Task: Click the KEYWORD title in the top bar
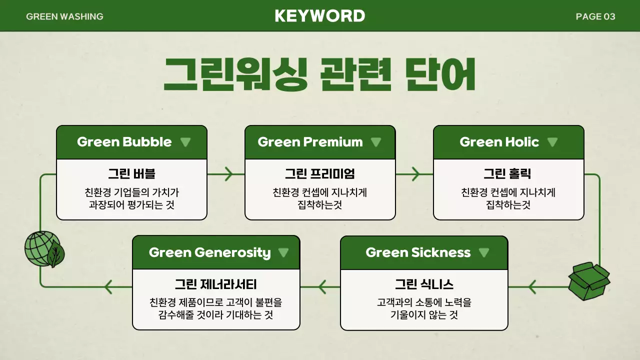[x=320, y=16]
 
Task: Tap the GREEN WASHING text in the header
[x=64, y=16]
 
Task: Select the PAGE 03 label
[x=595, y=16]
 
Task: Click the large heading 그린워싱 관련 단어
[x=319, y=75]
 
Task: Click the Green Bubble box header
[x=124, y=142]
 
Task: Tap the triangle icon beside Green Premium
[x=376, y=142]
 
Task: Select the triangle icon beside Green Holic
[x=552, y=142]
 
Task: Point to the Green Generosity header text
[x=209, y=252]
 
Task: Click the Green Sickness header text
[x=418, y=252]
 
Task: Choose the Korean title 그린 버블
[x=131, y=174]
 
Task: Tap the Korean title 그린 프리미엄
[x=320, y=174]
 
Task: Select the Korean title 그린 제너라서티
[x=215, y=284]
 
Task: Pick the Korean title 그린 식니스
[x=424, y=284]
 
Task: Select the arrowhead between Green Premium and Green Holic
[x=415, y=174]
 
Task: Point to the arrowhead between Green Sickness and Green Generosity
[x=321, y=286]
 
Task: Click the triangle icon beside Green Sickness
[x=483, y=252]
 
